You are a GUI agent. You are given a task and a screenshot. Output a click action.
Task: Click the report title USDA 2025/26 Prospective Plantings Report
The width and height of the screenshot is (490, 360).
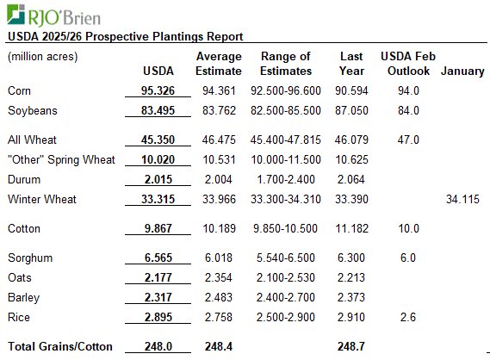(x=125, y=36)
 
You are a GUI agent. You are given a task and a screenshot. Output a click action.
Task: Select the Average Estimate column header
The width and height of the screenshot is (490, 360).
(x=218, y=64)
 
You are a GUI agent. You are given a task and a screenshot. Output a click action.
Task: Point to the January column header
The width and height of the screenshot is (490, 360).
(x=462, y=71)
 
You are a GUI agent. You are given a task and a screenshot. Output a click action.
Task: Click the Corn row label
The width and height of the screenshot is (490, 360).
(x=20, y=90)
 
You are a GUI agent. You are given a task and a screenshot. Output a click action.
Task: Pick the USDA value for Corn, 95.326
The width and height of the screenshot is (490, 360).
(x=155, y=90)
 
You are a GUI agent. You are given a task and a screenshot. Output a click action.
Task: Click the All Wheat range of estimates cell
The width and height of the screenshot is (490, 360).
(x=285, y=140)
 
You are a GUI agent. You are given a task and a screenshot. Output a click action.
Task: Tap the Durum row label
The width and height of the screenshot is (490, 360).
(x=23, y=179)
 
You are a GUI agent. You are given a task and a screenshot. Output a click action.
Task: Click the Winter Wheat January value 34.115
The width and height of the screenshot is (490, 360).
(x=463, y=199)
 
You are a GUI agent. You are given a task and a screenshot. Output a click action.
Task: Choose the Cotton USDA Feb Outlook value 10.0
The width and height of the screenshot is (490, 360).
(x=409, y=229)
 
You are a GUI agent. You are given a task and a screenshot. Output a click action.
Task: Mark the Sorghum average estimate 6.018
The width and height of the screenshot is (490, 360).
(x=218, y=258)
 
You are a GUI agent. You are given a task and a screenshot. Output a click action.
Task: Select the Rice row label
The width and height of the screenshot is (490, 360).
(x=18, y=317)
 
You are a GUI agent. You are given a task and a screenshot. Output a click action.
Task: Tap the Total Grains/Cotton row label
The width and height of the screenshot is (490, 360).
(x=59, y=346)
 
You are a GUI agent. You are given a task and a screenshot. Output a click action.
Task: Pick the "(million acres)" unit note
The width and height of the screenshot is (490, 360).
(x=43, y=56)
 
